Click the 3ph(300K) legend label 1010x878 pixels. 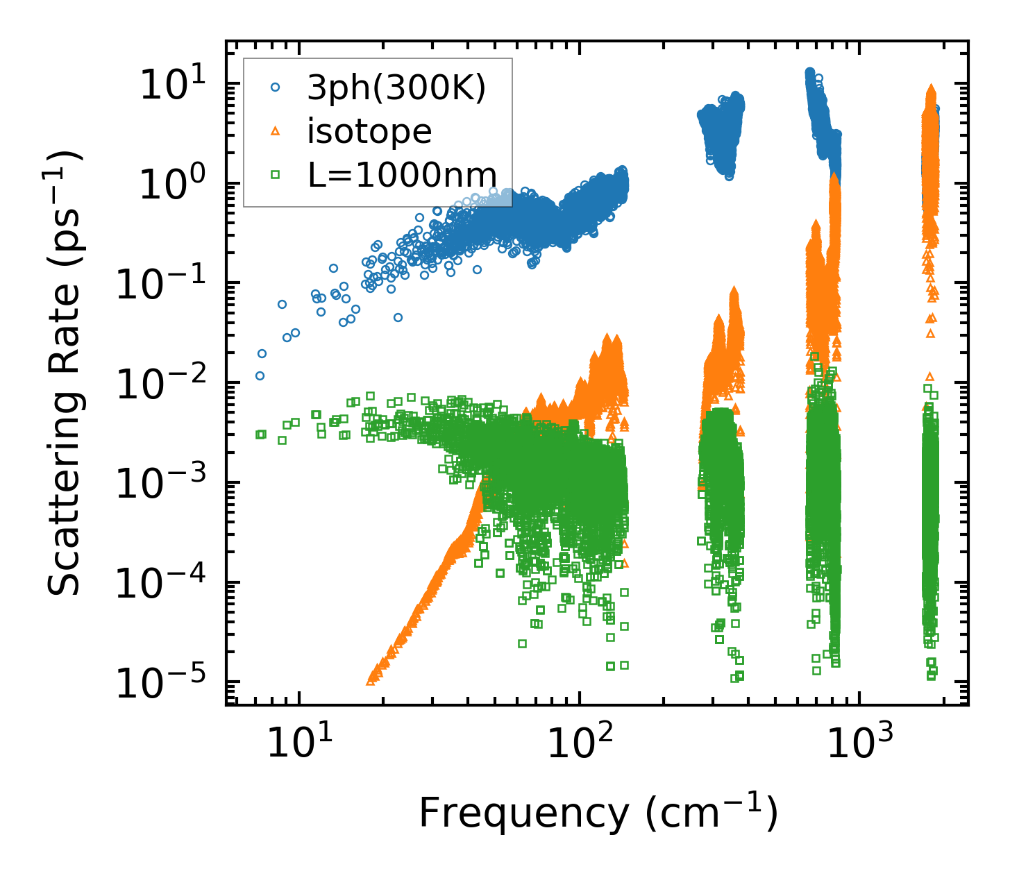click(396, 88)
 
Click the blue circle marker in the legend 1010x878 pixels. click(276, 87)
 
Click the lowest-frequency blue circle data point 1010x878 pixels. click(260, 375)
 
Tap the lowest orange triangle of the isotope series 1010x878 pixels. click(371, 681)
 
